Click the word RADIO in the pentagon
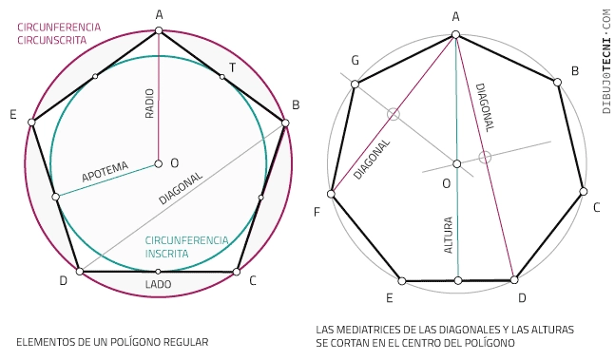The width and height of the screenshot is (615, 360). (x=149, y=104)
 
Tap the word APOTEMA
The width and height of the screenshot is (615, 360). (x=105, y=172)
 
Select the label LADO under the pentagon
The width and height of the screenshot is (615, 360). (x=158, y=284)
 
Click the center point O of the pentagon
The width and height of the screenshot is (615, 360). (x=159, y=163)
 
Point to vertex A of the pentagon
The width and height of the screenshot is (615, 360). (x=159, y=30)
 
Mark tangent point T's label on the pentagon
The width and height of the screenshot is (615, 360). (x=232, y=67)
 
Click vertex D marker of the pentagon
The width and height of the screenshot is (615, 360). (x=80, y=271)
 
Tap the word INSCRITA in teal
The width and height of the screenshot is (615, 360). (x=166, y=254)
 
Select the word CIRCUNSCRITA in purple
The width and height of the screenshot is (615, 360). (x=51, y=40)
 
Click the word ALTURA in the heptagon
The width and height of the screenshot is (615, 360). (x=448, y=235)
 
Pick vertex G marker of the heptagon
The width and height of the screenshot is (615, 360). (x=355, y=85)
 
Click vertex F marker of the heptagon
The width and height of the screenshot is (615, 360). (x=331, y=194)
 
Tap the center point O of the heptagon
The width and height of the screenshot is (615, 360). (x=457, y=163)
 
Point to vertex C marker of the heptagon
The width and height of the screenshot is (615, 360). (x=584, y=192)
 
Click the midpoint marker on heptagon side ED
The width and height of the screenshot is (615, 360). (x=458, y=280)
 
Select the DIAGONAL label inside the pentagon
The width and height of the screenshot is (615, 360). (x=181, y=188)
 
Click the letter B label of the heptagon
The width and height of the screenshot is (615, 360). (x=575, y=71)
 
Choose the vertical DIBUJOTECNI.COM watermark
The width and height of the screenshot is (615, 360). (x=606, y=62)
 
